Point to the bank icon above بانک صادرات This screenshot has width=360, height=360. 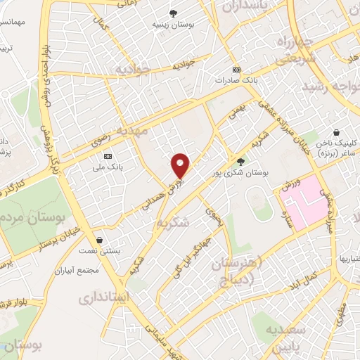pos(236,70)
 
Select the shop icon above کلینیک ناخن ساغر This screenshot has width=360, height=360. pos(337,132)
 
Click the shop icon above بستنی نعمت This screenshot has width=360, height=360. pos(101,240)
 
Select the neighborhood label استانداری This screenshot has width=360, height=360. pos(105,296)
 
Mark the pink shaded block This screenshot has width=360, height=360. pos(304,201)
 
